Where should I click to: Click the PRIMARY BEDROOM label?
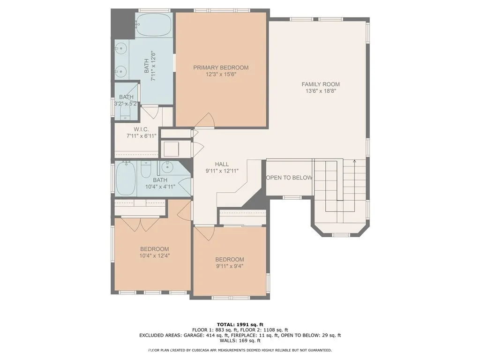pyautogui.click(x=221, y=67)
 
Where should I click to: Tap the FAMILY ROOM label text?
pyautogui.click(x=321, y=84)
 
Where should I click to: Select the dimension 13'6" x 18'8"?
pyautogui.click(x=321, y=91)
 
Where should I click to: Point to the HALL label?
pyautogui.click(x=222, y=164)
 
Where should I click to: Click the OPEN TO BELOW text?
pyautogui.click(x=289, y=178)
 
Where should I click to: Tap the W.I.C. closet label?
pyautogui.click(x=141, y=129)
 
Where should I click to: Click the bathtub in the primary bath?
pyautogui.click(x=154, y=24)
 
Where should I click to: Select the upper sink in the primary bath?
pyautogui.click(x=121, y=48)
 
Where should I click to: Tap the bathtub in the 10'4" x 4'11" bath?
pyautogui.click(x=126, y=179)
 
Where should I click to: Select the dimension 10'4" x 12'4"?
pyautogui.click(x=154, y=256)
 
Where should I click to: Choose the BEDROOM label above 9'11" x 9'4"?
pyautogui.click(x=230, y=260)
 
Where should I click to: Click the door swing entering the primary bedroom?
pyautogui.click(x=205, y=120)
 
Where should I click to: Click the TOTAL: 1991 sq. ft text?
pyautogui.click(x=240, y=324)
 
